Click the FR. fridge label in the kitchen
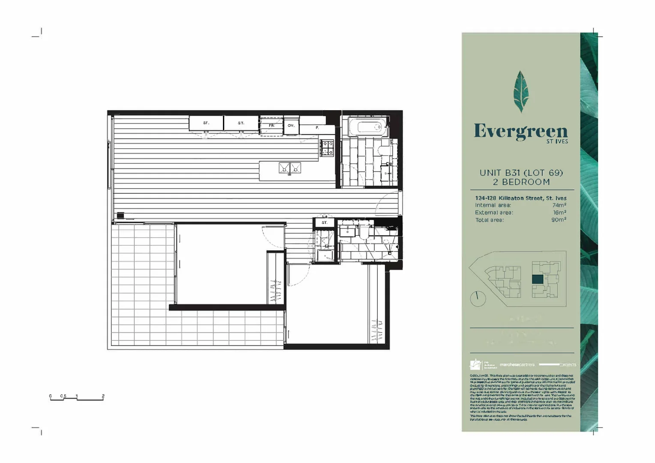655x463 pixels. (x=271, y=126)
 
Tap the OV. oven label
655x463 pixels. (x=291, y=126)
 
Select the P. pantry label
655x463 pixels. (x=317, y=128)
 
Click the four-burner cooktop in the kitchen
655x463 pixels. (x=327, y=147)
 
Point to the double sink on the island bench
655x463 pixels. (x=290, y=168)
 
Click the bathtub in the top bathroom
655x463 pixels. (x=365, y=127)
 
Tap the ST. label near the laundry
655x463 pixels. (x=324, y=222)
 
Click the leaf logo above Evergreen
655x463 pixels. (x=521, y=91)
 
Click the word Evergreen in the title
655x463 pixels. (x=520, y=131)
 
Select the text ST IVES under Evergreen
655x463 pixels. (x=557, y=141)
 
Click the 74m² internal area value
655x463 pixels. (x=559, y=205)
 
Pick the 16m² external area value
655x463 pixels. (x=559, y=213)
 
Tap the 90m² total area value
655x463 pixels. (x=559, y=220)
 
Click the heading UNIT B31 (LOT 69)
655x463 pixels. (x=521, y=173)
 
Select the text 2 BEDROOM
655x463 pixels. (x=521, y=182)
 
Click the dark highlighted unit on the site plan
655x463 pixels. (x=538, y=279)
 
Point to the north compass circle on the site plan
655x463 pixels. (x=478, y=298)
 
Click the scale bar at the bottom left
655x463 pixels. (x=77, y=398)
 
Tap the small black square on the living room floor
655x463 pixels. (x=120, y=215)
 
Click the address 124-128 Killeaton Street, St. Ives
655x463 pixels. (x=520, y=198)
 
